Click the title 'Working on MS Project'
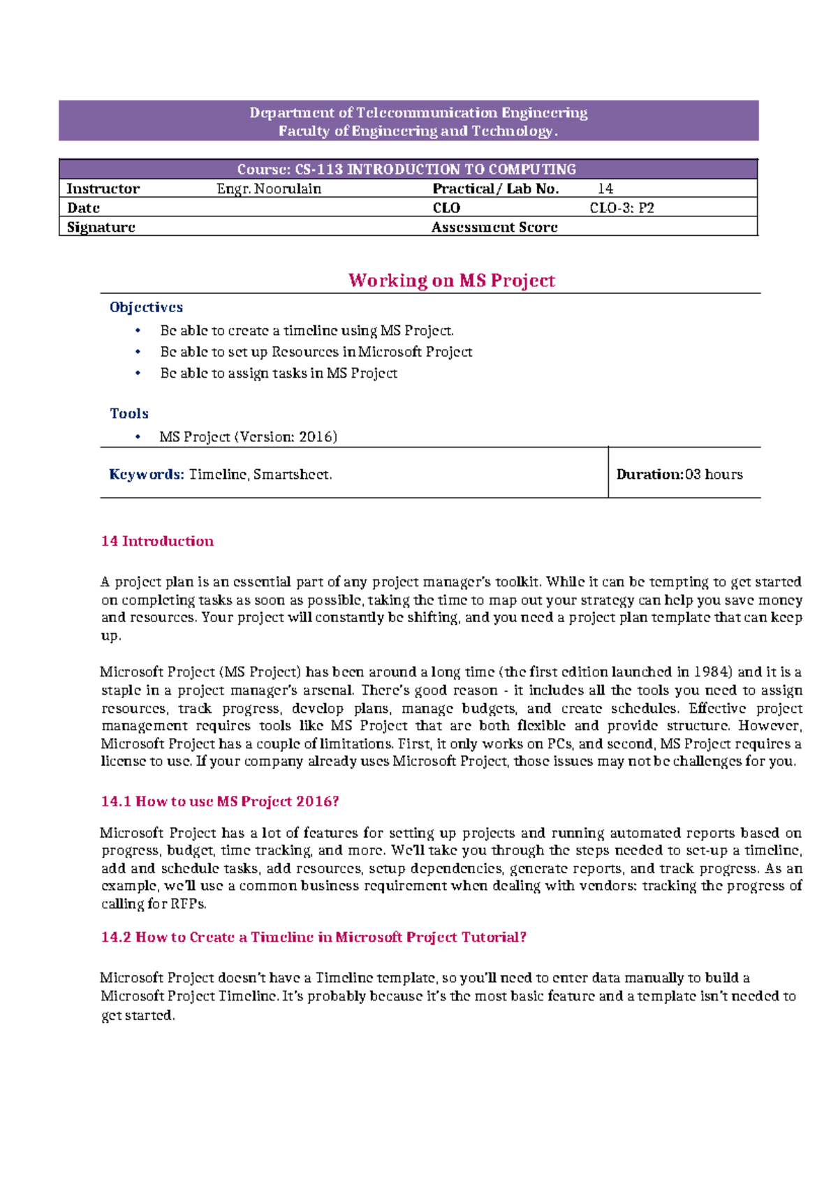click(x=452, y=281)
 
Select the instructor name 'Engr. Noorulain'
click(x=269, y=188)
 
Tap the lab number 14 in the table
click(x=605, y=188)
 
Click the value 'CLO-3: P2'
click(x=622, y=208)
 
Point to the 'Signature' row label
click(x=101, y=227)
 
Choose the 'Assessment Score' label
click(x=494, y=227)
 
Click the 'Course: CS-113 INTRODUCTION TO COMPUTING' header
click(x=406, y=169)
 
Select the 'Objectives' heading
click(x=146, y=307)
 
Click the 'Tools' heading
click(x=129, y=413)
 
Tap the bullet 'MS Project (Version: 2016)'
click(x=248, y=437)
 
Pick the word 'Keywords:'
click(x=147, y=475)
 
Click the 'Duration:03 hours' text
click(x=679, y=475)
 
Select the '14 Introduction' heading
click(x=157, y=541)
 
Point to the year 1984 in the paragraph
click(x=712, y=672)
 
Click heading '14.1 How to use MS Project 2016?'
click(x=220, y=801)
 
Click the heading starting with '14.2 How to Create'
click(x=314, y=938)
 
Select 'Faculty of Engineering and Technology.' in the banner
click(x=418, y=131)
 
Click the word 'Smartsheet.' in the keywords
click(x=293, y=475)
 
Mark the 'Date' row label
click(x=83, y=208)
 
